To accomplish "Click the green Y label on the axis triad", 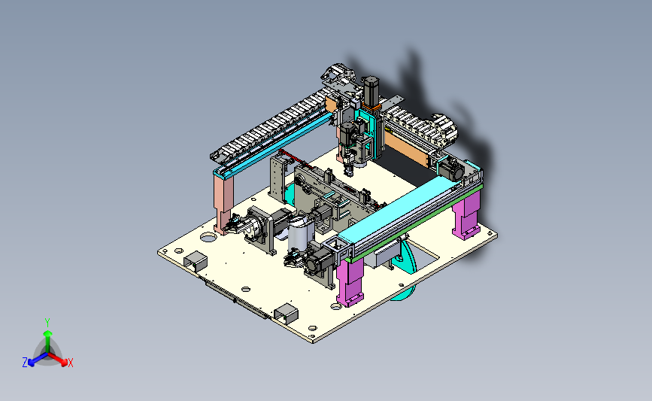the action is (x=47, y=323).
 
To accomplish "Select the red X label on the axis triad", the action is (x=70, y=363).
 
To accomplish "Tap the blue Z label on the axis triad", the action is (x=25, y=363).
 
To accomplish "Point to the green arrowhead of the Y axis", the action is (x=47, y=333).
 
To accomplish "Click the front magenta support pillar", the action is (x=350, y=281).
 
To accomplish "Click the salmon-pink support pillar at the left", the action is (x=223, y=204).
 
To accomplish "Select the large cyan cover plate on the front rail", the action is (x=395, y=210).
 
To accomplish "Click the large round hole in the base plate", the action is (x=208, y=238).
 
